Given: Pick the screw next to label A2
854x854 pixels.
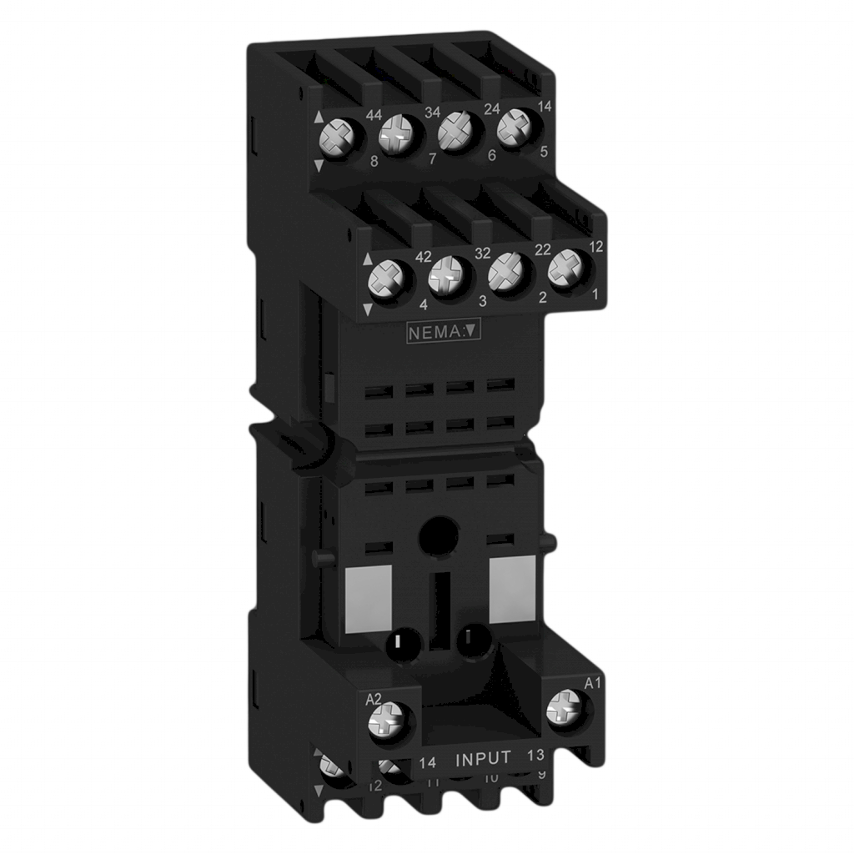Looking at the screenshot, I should [x=391, y=719].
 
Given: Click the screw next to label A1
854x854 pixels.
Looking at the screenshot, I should [x=566, y=711].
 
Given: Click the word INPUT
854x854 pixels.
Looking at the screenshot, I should [x=484, y=759].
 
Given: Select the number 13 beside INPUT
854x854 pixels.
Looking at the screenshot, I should [x=536, y=756].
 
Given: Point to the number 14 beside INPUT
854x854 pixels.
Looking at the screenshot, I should [x=428, y=761].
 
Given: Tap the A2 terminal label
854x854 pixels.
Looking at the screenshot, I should [x=374, y=699].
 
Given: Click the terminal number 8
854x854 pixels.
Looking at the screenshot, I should [x=350, y=164].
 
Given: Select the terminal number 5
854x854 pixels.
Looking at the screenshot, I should [x=544, y=152].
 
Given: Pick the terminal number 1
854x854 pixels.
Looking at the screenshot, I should [x=595, y=294].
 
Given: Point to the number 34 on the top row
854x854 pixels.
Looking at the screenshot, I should [x=433, y=112].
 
